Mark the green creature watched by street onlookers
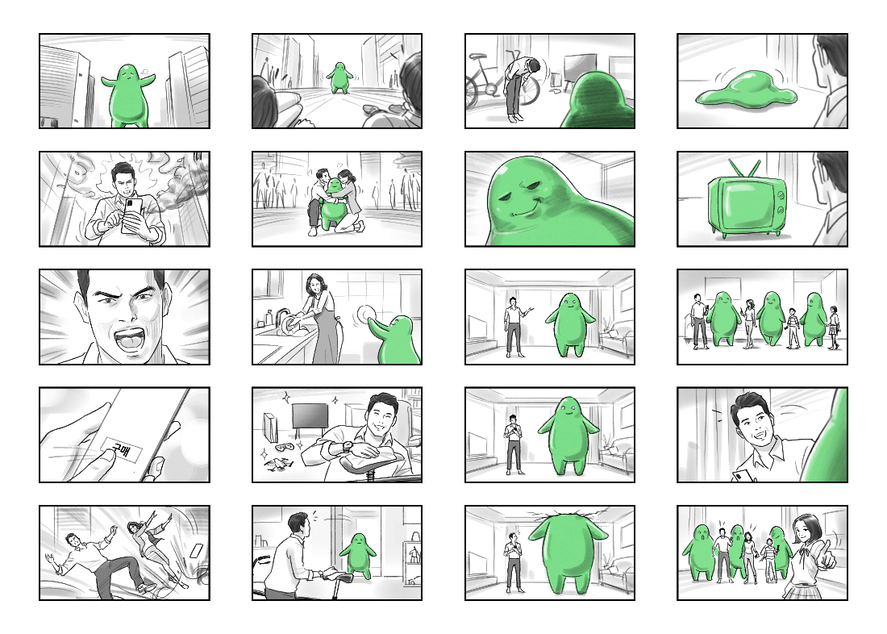pyautogui.click(x=339, y=77)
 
